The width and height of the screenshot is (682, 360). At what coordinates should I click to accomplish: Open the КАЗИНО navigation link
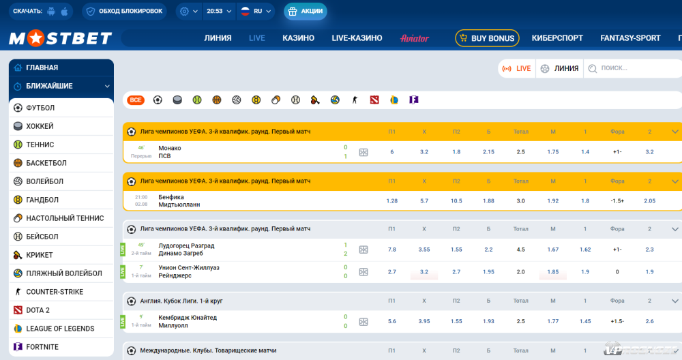298,38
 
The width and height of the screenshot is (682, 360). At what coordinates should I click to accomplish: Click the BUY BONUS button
487,38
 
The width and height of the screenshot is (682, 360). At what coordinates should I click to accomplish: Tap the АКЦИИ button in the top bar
306,12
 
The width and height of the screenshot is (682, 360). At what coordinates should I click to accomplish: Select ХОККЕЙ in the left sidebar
40,126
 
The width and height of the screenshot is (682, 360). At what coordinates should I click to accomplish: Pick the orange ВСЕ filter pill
136,100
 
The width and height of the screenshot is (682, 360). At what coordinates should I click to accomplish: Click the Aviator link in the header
415,38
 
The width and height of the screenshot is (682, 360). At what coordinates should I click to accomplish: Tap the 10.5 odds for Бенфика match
456,201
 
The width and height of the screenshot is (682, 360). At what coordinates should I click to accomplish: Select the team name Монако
170,148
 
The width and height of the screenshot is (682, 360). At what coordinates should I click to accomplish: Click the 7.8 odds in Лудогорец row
391,250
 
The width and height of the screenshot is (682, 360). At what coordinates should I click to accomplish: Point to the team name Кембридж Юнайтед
188,318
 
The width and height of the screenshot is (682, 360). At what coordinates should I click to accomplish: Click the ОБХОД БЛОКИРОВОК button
124,12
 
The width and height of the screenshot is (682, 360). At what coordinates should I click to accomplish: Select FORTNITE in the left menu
42,347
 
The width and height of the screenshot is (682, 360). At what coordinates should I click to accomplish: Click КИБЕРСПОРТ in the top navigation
557,38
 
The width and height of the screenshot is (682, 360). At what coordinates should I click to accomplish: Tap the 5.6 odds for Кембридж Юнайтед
391,321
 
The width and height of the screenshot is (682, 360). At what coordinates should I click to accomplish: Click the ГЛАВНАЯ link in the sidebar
42,67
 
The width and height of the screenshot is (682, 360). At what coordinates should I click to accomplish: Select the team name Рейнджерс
175,275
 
